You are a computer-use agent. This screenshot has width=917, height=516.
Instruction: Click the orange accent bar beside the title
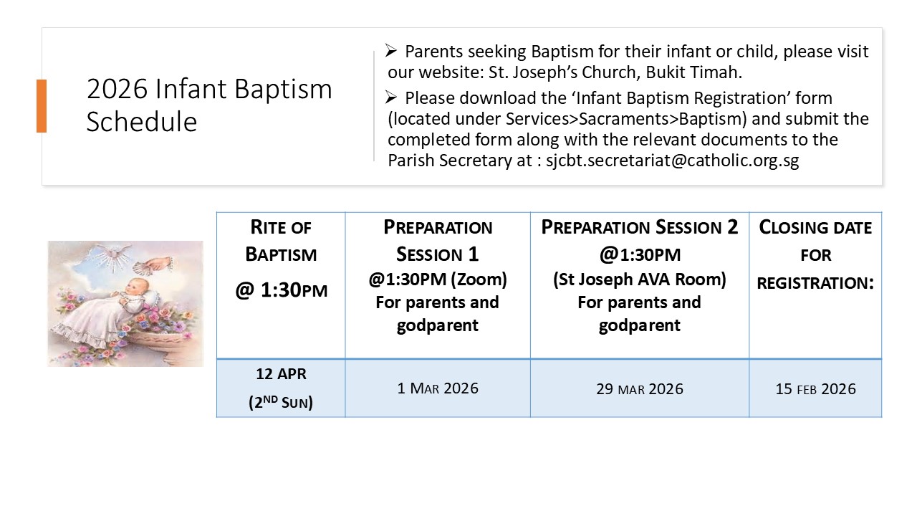pos(42,105)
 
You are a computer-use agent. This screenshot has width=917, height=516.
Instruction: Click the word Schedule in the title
pos(142,122)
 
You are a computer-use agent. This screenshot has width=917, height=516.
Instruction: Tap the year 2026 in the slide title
pos(117,88)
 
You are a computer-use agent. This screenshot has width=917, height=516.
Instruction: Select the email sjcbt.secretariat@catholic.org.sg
pos(672,160)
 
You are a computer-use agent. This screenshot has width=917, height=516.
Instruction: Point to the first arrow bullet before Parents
pos(391,51)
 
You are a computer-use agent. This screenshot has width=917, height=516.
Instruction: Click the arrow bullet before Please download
pos(391,97)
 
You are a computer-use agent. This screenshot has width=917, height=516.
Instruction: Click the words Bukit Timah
pos(694,72)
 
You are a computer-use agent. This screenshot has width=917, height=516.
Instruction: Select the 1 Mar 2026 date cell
pos(438,388)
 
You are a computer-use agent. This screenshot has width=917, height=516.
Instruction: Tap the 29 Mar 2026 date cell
pos(640,388)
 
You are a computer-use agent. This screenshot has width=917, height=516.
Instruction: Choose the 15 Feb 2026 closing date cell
pos(815,388)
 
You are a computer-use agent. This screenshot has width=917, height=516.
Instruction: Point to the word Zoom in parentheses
pos(479,279)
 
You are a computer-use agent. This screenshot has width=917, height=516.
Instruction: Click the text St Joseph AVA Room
pos(640,279)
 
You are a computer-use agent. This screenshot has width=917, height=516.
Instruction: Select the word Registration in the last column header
pos(815,282)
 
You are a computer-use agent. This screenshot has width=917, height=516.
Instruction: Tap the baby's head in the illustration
pos(135,287)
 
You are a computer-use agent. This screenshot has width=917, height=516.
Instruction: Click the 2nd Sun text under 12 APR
pos(281,402)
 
